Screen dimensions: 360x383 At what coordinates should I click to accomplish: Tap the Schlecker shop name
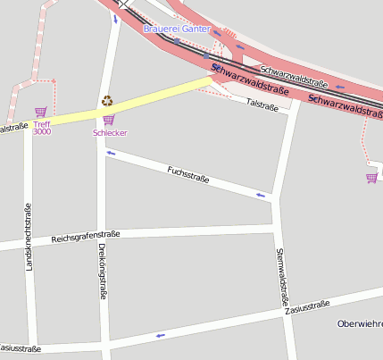pyautogui.click(x=110, y=133)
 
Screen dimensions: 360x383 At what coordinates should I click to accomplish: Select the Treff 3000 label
pyautogui.click(x=42, y=128)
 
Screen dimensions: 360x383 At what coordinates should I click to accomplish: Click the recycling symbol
pyautogui.click(x=107, y=101)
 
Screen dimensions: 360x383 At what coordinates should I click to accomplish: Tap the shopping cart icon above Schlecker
pyautogui.click(x=109, y=120)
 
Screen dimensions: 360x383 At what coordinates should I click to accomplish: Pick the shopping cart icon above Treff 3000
pyautogui.click(x=40, y=113)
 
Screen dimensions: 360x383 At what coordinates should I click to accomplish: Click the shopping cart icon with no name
pyautogui.click(x=371, y=178)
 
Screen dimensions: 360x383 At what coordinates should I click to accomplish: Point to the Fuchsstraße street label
pyautogui.click(x=188, y=173)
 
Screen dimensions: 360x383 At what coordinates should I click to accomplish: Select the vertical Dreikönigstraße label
pyautogui.click(x=103, y=271)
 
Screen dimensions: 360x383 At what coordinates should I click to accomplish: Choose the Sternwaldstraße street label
pyautogui.click(x=283, y=278)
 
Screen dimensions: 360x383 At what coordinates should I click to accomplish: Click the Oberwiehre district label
pyautogui.click(x=360, y=323)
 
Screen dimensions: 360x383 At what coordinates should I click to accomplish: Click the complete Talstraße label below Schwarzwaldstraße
pyautogui.click(x=262, y=105)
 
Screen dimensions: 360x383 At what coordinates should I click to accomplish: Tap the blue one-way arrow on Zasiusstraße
pyautogui.click(x=161, y=335)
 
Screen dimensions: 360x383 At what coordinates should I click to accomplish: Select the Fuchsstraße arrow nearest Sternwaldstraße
pyautogui.click(x=261, y=194)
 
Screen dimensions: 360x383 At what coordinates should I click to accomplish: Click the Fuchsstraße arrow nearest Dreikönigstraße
pyautogui.click(x=111, y=154)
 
